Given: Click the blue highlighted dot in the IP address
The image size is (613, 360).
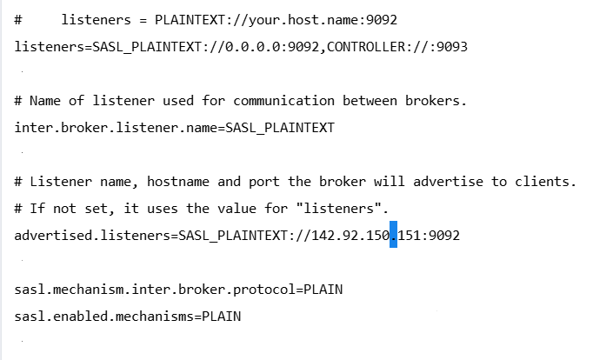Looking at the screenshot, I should [x=393, y=235].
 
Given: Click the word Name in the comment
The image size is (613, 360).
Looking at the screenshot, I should [x=45, y=101].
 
